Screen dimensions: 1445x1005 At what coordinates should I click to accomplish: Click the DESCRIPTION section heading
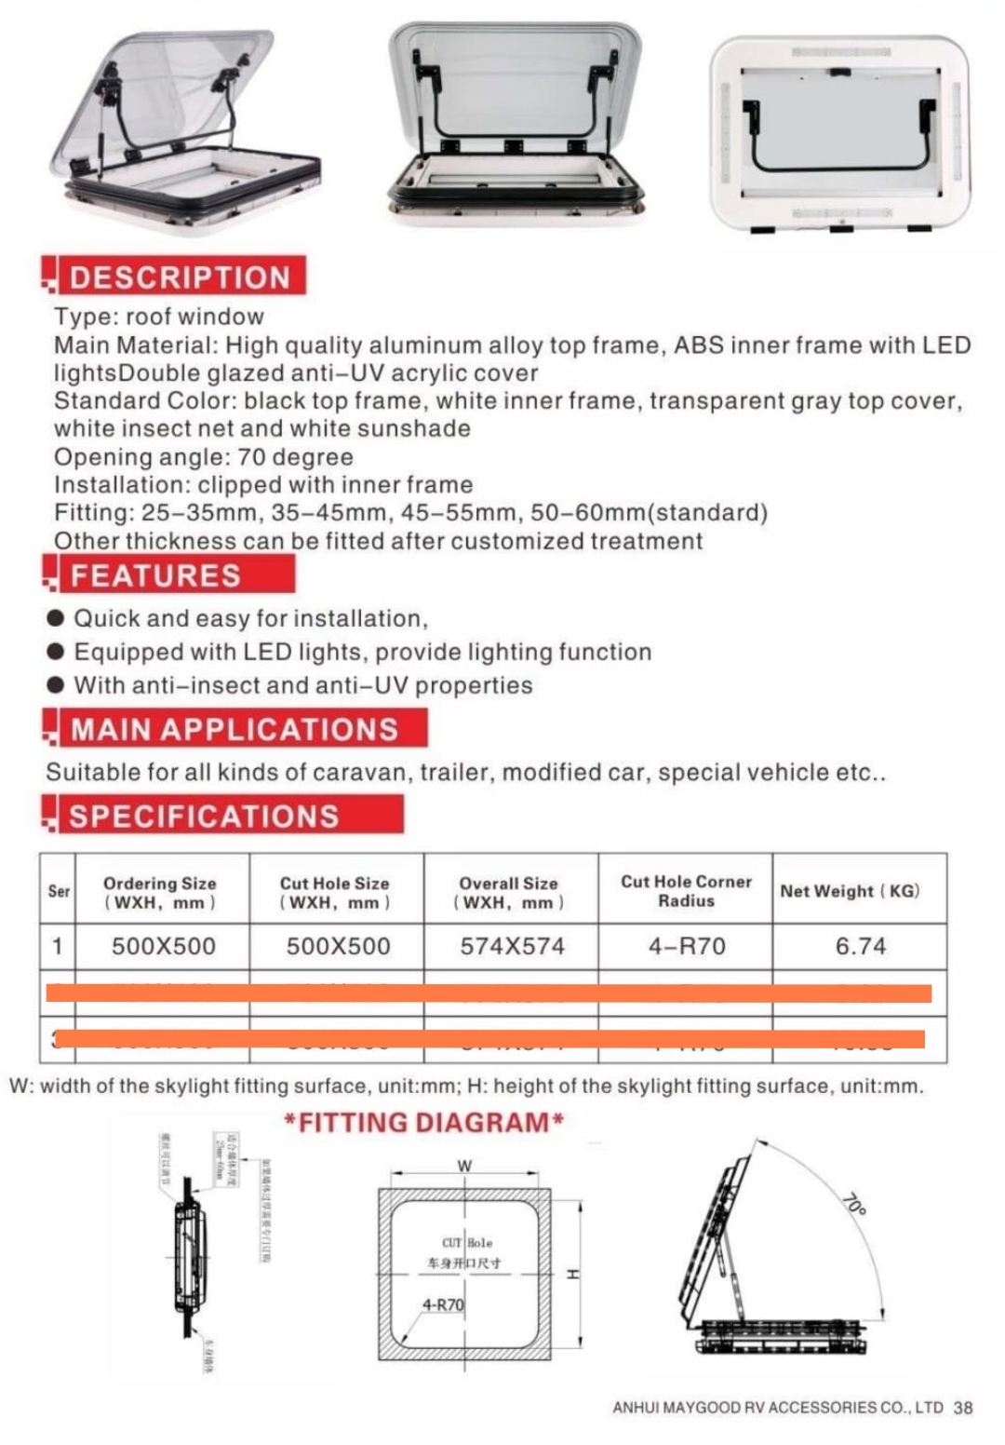pyautogui.click(x=179, y=277)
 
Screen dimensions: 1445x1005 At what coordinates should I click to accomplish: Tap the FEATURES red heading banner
pyautogui.click(x=155, y=575)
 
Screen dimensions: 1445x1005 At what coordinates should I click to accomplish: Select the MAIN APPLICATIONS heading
pyautogui.click(x=234, y=729)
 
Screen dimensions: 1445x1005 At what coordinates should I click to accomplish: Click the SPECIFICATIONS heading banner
pyautogui.click(x=204, y=816)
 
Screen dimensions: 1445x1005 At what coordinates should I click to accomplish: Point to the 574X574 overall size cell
pyautogui.click(x=512, y=946)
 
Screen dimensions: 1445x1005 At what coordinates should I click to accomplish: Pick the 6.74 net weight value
pyautogui.click(x=860, y=946)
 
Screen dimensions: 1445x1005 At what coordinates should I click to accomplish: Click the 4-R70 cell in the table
pyautogui.click(x=687, y=946)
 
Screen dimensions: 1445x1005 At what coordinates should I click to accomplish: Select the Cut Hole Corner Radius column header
pyautogui.click(x=686, y=891)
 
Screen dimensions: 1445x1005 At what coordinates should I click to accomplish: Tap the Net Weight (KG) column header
pyautogui.click(x=850, y=891)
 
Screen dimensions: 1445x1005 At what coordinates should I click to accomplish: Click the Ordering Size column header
pyautogui.click(x=160, y=892)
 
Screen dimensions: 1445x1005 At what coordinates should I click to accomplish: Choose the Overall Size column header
pyautogui.click(x=509, y=892)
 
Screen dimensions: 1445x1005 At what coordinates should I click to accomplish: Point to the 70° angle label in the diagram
pyautogui.click(x=853, y=1204)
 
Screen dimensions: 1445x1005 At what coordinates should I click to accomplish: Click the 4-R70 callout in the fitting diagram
pyautogui.click(x=443, y=1304)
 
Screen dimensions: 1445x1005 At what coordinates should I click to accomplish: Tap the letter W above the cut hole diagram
pyautogui.click(x=464, y=1166)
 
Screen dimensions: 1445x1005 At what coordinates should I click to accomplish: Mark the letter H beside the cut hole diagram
pyautogui.click(x=573, y=1274)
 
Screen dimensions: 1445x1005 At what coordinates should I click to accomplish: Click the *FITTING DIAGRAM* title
pyautogui.click(x=424, y=1122)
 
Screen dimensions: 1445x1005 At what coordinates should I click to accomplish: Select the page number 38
pyautogui.click(x=963, y=1408)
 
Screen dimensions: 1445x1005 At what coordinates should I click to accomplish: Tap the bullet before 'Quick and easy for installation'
pyautogui.click(x=56, y=618)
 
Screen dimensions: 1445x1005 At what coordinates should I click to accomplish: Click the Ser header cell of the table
pyautogui.click(x=59, y=891)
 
